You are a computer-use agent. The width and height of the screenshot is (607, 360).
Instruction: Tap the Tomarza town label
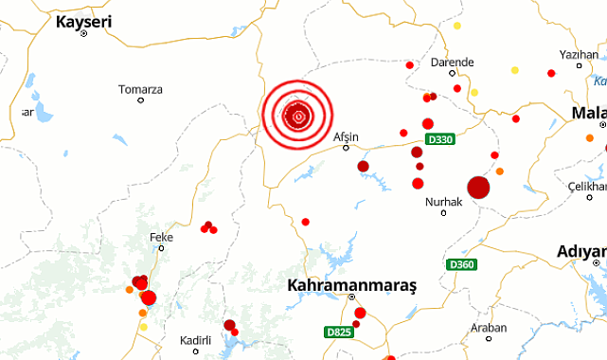tap(140, 89)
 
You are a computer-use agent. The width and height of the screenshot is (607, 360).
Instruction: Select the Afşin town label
tap(348, 136)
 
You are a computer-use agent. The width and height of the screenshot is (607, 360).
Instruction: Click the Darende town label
tap(452, 63)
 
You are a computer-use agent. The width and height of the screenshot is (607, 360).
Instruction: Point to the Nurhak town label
tap(443, 202)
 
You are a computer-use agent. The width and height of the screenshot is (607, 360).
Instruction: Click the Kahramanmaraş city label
tap(358, 284)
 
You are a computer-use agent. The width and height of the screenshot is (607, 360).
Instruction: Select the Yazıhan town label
tap(580, 54)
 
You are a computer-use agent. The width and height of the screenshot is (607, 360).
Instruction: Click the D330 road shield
tap(440, 140)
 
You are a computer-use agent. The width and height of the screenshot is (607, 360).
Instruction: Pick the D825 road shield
tap(338, 332)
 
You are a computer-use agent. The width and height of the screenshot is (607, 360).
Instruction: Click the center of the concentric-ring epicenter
tap(298, 117)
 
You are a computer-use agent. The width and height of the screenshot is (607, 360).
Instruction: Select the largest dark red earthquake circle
tap(478, 188)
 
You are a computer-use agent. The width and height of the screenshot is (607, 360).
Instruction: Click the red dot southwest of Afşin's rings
tap(305, 222)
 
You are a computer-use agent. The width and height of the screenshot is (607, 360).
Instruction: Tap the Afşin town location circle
tap(346, 148)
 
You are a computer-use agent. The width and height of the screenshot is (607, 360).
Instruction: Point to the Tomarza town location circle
tap(140, 100)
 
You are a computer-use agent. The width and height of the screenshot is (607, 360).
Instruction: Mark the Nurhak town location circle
tap(443, 212)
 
